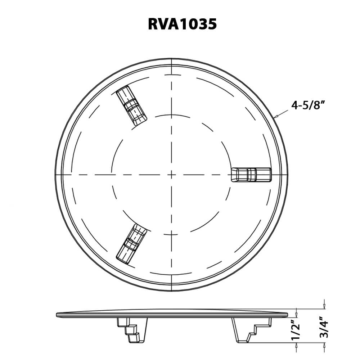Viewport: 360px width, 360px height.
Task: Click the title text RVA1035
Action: coord(182,24)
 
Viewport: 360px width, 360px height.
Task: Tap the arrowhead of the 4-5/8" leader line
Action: coord(275,117)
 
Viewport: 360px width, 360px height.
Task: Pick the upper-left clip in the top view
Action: coord(132,106)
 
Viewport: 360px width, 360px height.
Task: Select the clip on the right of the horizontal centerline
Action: coord(251,175)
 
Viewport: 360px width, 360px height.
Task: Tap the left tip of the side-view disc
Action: coord(57,315)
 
